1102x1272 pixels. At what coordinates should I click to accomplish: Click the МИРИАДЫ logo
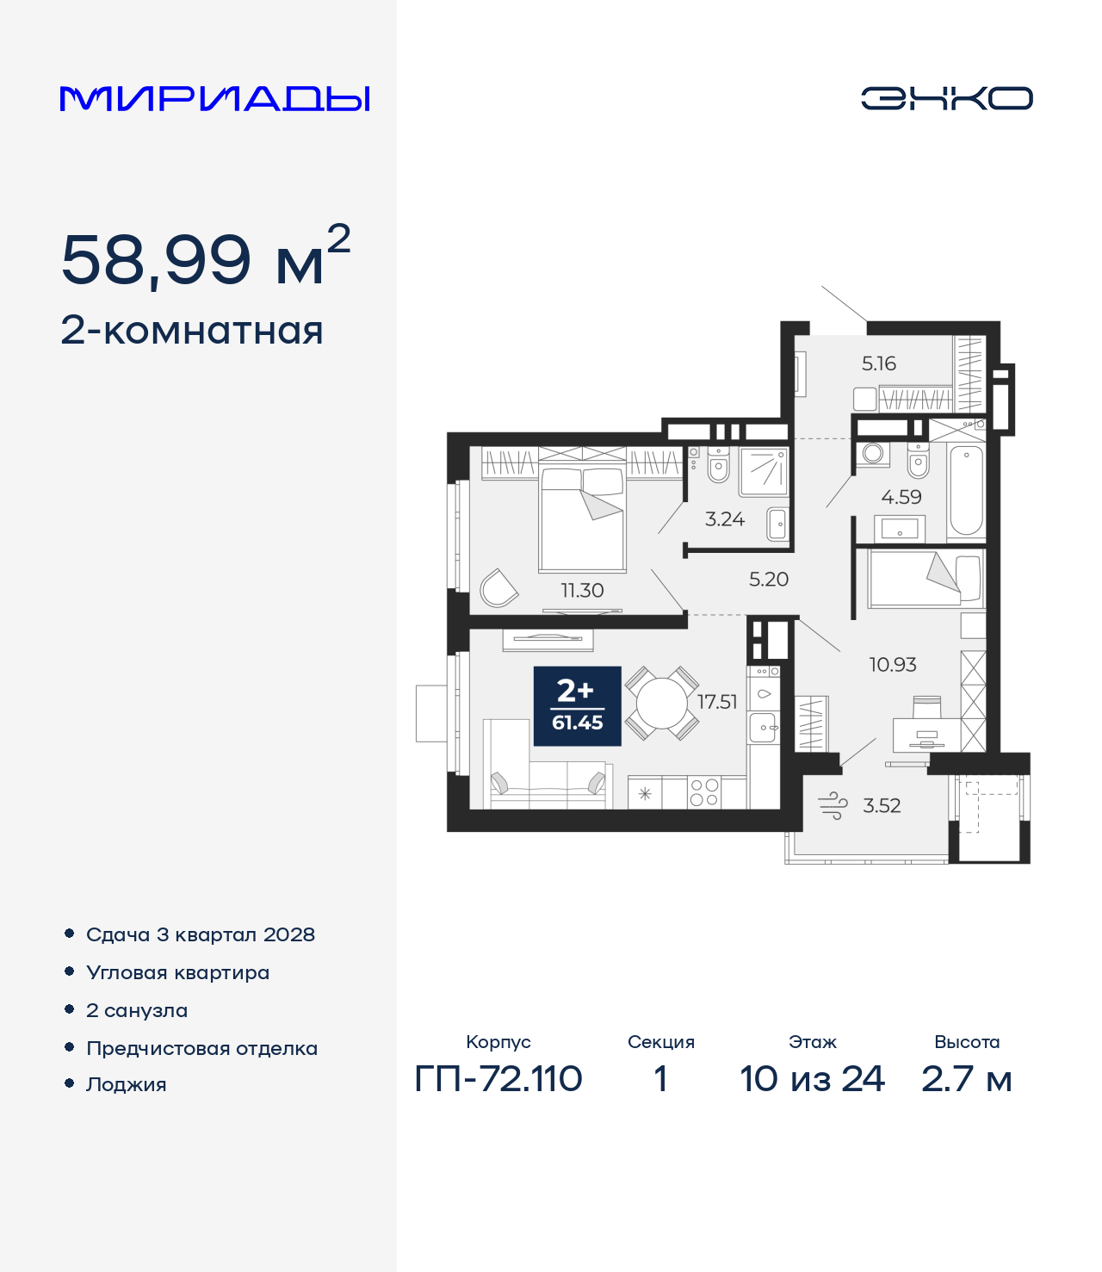pos(214,98)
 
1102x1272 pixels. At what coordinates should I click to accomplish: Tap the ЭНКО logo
pos(946,98)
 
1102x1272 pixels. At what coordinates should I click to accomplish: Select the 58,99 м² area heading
pos(206,257)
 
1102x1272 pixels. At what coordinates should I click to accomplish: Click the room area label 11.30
pos(582,591)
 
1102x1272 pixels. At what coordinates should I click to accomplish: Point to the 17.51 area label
pos(717,702)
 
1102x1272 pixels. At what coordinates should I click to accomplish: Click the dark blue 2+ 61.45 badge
pos(577,706)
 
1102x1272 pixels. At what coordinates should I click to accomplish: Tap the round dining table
pos(661,703)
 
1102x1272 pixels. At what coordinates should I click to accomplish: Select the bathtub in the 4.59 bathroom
pos(966,491)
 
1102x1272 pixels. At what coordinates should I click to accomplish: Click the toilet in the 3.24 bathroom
pos(718,464)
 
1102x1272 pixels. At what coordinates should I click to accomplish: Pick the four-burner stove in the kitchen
pos(704,792)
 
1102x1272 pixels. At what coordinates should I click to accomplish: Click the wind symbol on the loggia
pos(833,805)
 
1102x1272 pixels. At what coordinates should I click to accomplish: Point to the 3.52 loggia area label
pos(882,805)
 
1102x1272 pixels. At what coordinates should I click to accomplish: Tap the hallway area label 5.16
pos(879,363)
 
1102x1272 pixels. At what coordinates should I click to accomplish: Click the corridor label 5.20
pos(769,579)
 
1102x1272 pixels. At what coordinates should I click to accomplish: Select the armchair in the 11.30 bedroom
pos(498,588)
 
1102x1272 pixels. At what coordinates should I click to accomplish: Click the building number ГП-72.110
pos(498,1079)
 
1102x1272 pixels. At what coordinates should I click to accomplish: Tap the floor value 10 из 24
pos(812,1079)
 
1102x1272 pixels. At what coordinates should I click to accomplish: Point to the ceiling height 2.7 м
pos(967,1079)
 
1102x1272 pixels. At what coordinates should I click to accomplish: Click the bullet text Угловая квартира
pos(178,973)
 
